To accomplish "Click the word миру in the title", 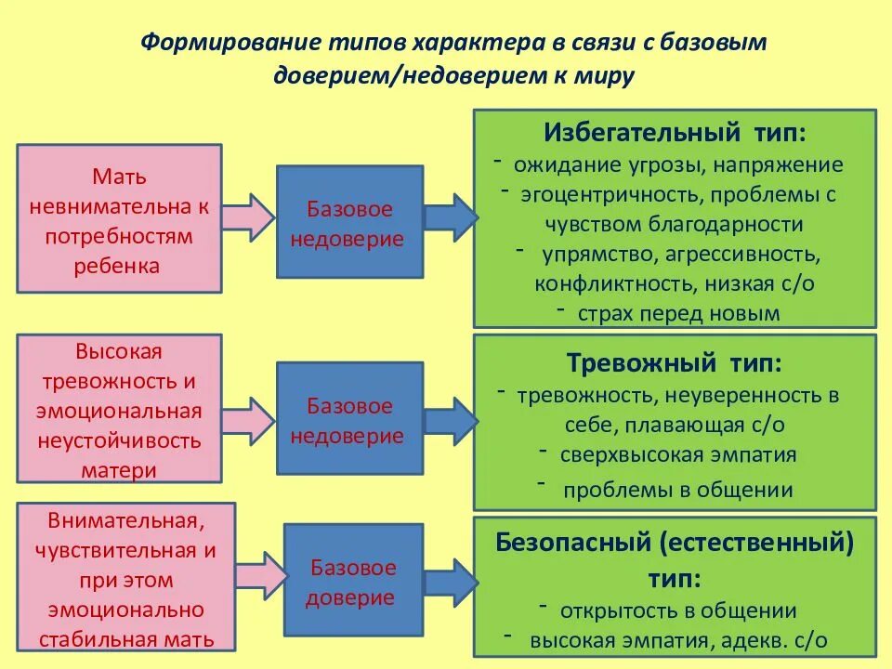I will coord(605,76).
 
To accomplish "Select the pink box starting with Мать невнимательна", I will coord(119,220).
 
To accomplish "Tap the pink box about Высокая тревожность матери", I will coord(119,410).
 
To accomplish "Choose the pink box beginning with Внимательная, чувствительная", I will coord(119,579).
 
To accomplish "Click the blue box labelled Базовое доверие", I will coord(353,582).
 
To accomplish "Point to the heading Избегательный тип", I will coord(676,132).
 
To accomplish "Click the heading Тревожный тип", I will coord(675,361).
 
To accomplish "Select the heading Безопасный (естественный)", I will coord(675,541).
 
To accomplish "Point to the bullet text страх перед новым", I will coord(678,313).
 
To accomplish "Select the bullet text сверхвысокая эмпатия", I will coord(678,454).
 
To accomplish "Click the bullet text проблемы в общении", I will coord(678,491).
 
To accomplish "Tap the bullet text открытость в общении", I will coord(678,610).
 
